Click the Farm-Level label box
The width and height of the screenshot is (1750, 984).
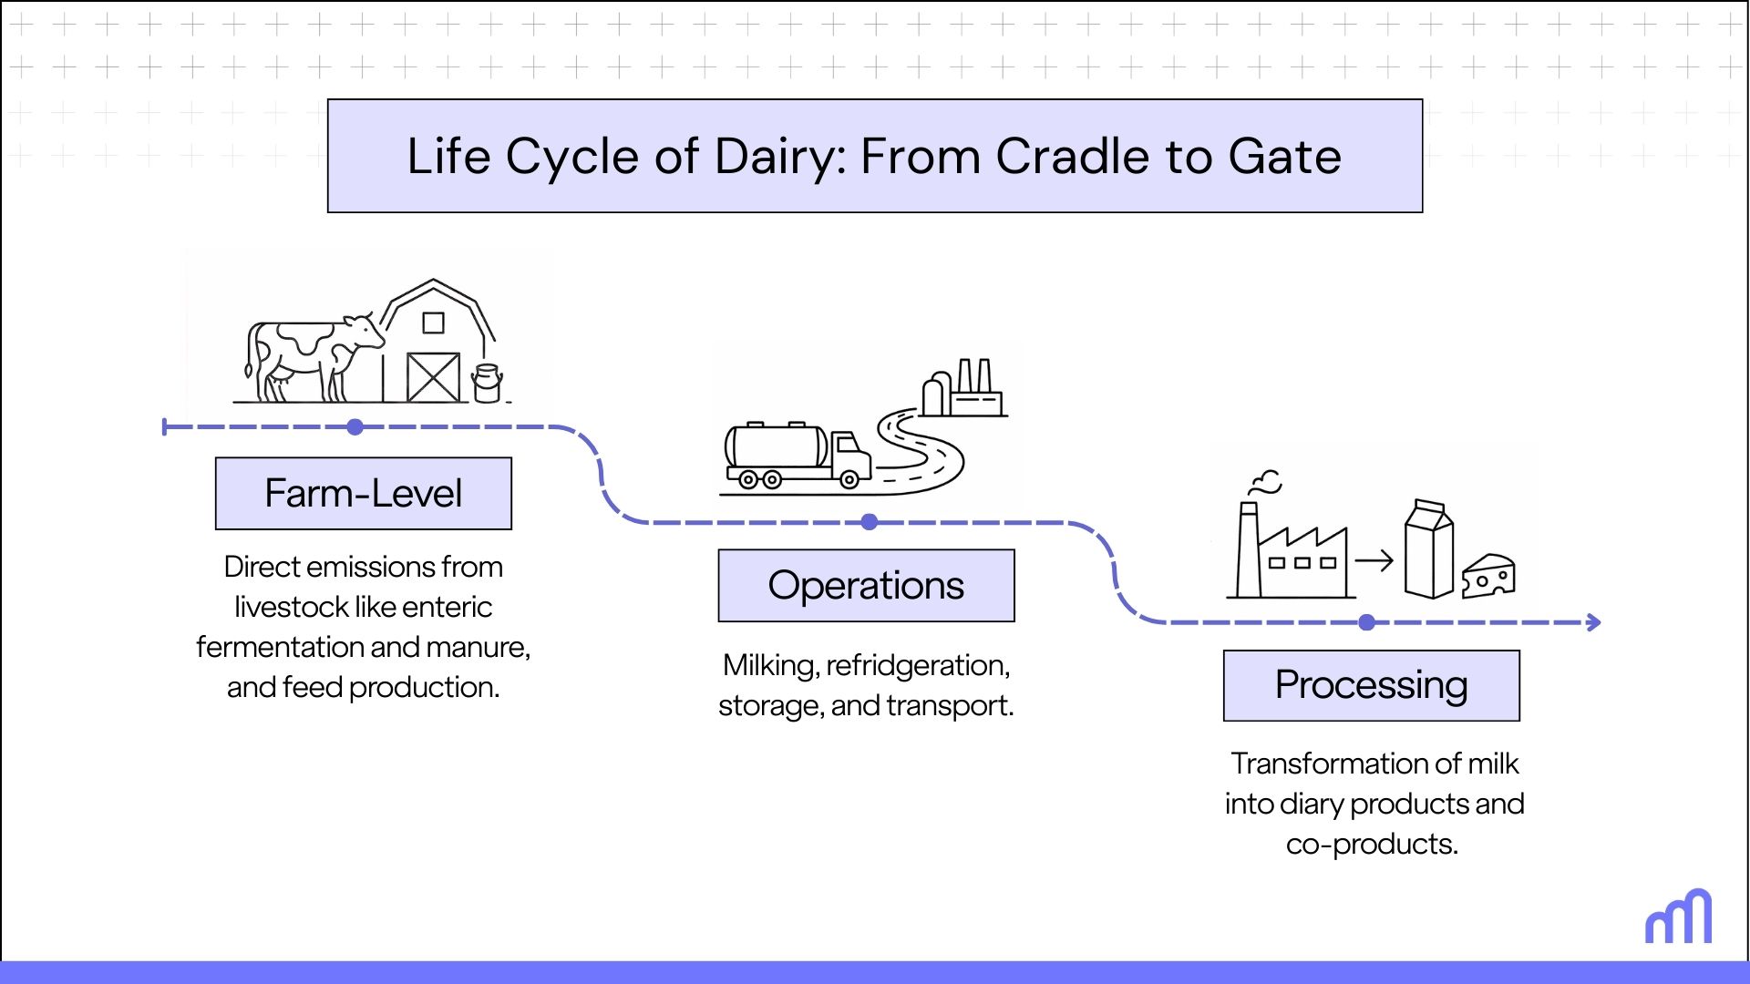pos(363,493)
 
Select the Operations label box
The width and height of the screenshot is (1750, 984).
pos(866,585)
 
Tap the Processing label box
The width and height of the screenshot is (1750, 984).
pos(1371,685)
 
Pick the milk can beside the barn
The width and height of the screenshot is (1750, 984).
pos(488,383)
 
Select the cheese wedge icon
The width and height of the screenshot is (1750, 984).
pos(1488,576)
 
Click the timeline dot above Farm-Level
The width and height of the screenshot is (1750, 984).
pos(355,426)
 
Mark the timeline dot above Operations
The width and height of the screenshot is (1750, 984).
pos(870,522)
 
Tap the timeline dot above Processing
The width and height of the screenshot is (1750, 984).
pos(1366,622)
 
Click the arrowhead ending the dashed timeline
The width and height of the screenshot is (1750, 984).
pos(1593,622)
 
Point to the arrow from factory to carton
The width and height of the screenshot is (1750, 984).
pos(1374,560)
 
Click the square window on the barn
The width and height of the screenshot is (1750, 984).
pos(434,323)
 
